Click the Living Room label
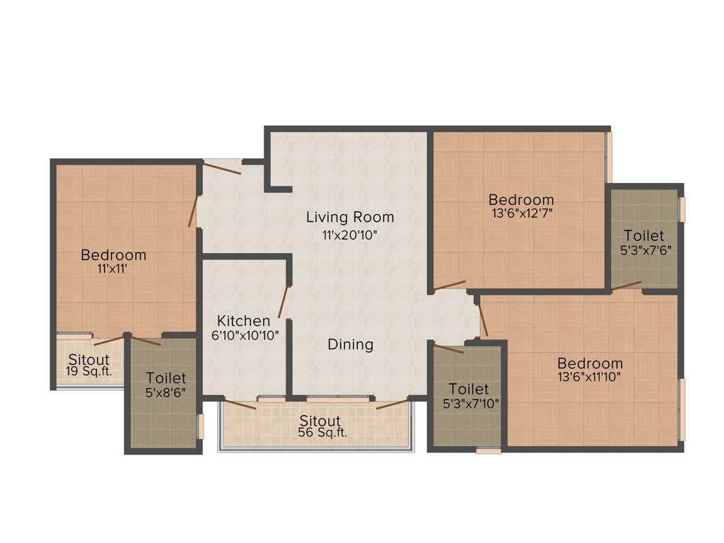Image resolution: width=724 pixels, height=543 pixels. point(350,217)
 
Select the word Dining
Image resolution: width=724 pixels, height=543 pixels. point(350,344)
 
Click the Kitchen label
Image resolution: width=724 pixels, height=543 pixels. point(243,320)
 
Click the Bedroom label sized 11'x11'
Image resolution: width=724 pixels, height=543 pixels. point(113,255)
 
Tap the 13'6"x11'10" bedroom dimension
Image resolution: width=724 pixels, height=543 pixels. point(589,377)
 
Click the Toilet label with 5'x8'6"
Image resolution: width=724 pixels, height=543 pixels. point(166,378)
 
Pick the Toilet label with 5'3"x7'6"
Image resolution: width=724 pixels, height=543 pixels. point(643,235)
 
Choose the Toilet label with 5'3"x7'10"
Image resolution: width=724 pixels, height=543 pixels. point(469,389)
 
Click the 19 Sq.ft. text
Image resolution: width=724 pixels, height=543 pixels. point(88,370)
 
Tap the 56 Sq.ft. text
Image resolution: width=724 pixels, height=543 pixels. point(322,433)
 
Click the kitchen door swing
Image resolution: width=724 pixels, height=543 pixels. point(284,302)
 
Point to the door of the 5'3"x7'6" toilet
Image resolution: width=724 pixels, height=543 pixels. point(626,286)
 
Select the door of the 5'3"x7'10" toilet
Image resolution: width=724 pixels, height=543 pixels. point(448,348)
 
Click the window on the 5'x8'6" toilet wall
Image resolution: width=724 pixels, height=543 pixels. point(200,426)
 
